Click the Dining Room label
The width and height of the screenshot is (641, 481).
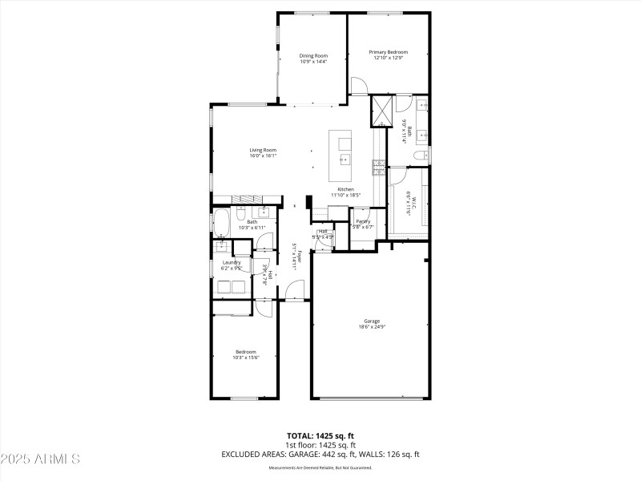(x=313, y=55)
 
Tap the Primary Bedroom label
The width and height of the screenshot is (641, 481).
(x=389, y=52)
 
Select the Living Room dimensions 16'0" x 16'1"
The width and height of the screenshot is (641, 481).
(x=263, y=156)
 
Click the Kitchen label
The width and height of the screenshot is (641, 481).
(x=346, y=189)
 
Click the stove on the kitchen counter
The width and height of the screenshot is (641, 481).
(x=378, y=167)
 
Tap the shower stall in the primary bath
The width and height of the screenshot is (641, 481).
(x=381, y=110)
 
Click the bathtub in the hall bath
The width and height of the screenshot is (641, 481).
(x=222, y=221)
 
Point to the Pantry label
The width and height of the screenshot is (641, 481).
(x=363, y=221)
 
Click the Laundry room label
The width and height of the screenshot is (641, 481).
(x=232, y=262)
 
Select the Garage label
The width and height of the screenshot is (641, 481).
(x=372, y=321)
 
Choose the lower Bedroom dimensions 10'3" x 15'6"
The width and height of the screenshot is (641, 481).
(x=246, y=358)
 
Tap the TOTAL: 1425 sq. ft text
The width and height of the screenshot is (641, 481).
(x=320, y=437)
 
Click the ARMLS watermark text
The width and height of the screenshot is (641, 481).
(x=40, y=459)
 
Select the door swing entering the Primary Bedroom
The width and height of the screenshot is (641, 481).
(x=357, y=86)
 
